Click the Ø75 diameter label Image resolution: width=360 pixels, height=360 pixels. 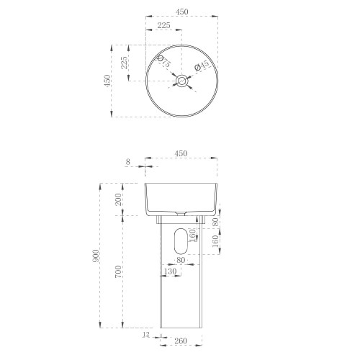pos(164,62)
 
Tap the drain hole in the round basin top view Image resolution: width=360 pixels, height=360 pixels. pos(181,81)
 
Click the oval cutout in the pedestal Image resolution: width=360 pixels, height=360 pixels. pos(181,241)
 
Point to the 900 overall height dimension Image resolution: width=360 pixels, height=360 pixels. pos(95,256)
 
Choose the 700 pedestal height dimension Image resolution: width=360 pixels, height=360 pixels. pos(118,271)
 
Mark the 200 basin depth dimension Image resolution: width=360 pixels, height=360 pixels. pos(118,199)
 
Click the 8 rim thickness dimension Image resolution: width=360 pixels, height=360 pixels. pos(128,162)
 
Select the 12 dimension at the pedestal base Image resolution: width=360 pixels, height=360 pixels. pos(146,334)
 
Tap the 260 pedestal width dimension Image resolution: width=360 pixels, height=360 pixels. pos(180,341)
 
